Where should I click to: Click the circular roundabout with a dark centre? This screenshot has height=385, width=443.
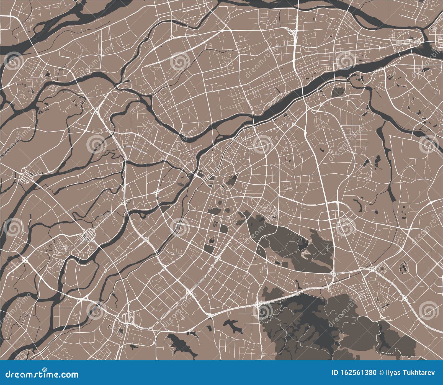(x=383, y=268)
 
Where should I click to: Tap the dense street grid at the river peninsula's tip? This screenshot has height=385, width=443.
(x=407, y=42)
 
